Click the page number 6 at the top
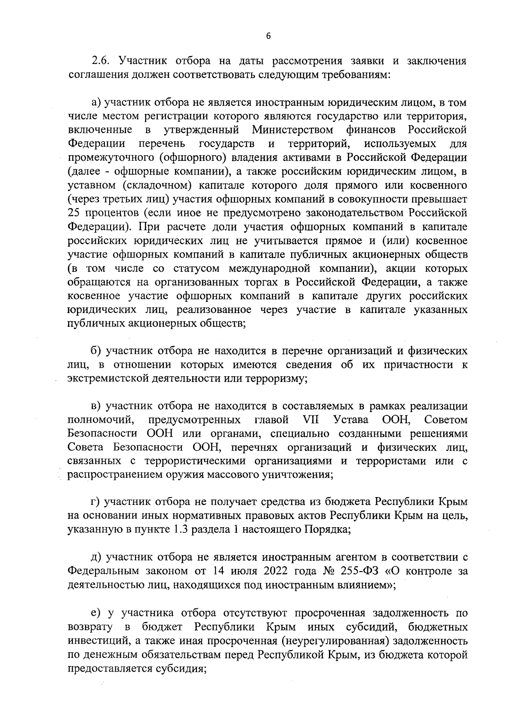tap(268, 37)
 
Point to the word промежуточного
tap(110, 158)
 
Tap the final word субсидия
tap(181, 669)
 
